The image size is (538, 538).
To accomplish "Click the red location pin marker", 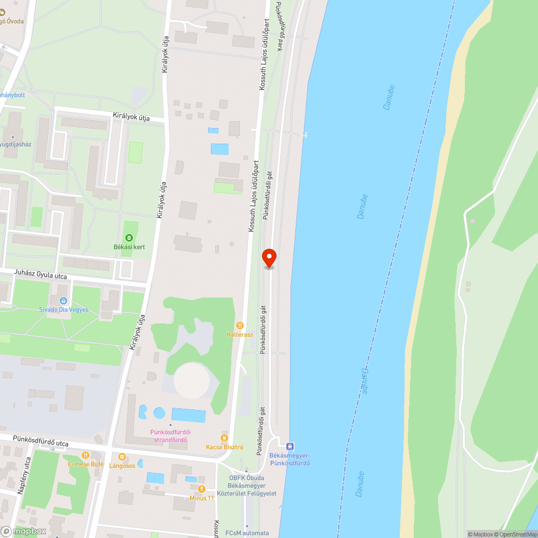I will click(269, 257).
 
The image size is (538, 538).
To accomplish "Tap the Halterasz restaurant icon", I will click(240, 325).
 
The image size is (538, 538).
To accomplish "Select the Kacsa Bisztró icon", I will click(225, 438).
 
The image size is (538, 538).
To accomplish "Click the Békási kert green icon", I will click(129, 238).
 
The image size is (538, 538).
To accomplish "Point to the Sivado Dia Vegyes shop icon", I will click(63, 301).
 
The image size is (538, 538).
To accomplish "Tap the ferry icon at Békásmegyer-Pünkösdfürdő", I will click(290, 445).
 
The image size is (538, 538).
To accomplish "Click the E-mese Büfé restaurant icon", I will click(85, 455).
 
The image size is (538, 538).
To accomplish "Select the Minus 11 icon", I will click(202, 489).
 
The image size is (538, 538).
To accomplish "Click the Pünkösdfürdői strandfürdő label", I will click(171, 436).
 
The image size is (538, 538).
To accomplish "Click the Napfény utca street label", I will click(24, 476).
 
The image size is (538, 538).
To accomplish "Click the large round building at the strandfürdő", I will click(191, 380).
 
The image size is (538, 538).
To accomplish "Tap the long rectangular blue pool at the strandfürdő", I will click(188, 415).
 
